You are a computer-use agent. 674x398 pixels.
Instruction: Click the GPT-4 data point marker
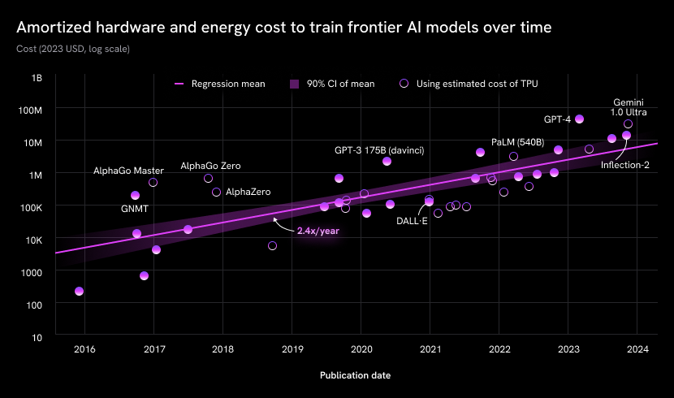pos(579,119)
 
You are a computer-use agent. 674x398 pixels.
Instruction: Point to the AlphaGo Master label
pos(128,171)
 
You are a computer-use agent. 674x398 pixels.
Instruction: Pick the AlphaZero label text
pos(248,192)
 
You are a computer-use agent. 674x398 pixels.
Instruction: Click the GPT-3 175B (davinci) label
pos(379,150)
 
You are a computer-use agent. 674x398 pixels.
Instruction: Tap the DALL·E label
pos(412,220)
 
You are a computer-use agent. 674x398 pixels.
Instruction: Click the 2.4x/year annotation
pos(318,231)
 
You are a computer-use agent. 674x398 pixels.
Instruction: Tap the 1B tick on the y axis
pos(37,77)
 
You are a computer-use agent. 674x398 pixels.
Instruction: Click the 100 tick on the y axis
pos(35,304)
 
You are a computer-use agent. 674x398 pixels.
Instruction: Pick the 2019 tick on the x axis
pos(292,349)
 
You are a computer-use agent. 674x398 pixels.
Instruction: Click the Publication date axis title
pos(355,375)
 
